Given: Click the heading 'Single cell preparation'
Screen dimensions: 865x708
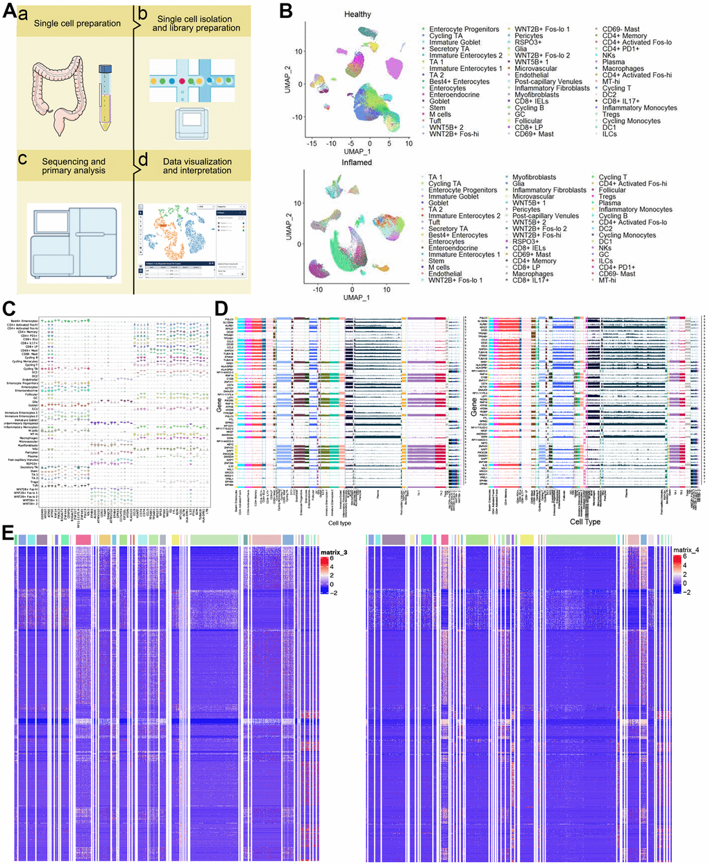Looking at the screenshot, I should [78, 24].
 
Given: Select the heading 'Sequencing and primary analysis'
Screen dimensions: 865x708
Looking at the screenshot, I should [73, 166].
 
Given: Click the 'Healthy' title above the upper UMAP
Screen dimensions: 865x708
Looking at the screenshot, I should [357, 14].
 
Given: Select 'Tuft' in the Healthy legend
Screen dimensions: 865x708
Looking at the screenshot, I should [435, 121].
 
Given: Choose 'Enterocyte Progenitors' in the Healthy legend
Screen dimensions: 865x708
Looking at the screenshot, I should [464, 29].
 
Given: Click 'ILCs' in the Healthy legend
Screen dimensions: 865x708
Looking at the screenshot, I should [610, 134].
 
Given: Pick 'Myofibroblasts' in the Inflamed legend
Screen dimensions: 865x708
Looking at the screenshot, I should [534, 177].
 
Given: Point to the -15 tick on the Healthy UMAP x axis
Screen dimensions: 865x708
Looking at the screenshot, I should [314, 144].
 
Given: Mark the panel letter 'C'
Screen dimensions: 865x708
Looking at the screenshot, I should [8, 305].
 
